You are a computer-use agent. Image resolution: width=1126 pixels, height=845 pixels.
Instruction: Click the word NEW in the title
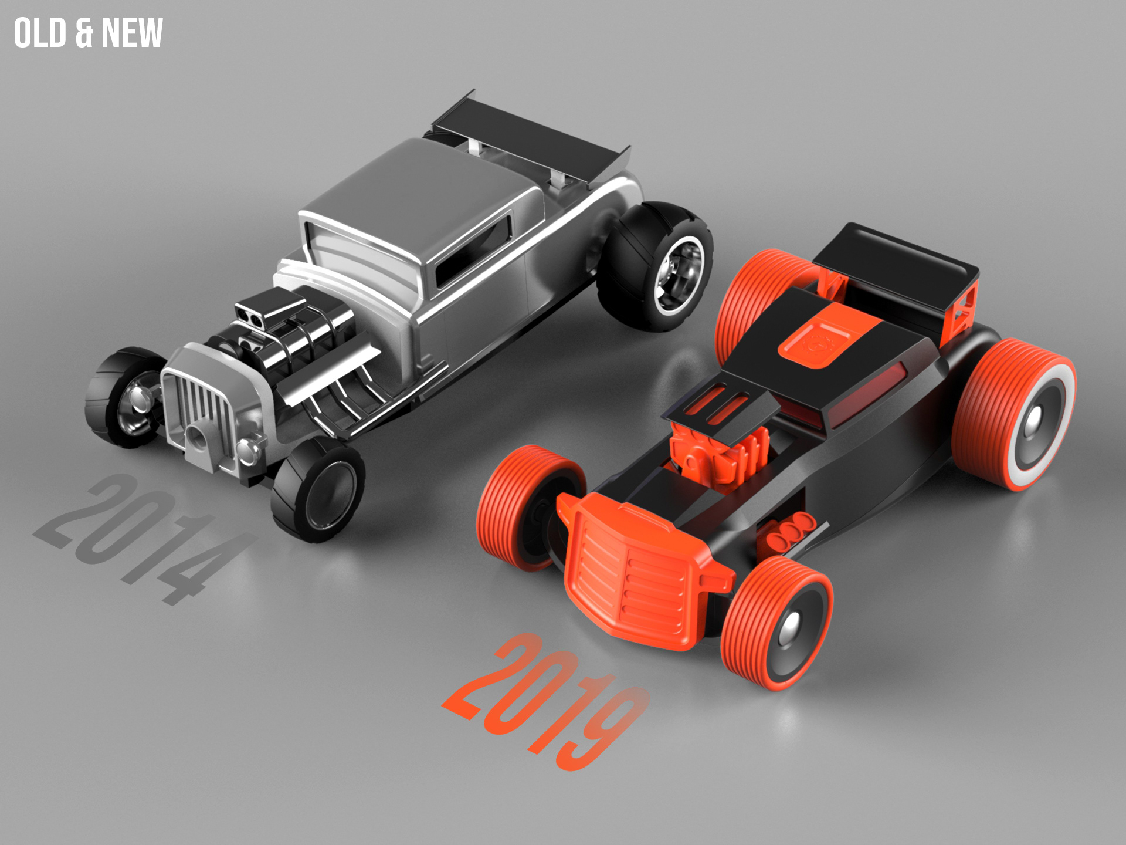click(132, 33)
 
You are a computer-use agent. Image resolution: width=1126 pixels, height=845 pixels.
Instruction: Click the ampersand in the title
click(84, 34)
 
